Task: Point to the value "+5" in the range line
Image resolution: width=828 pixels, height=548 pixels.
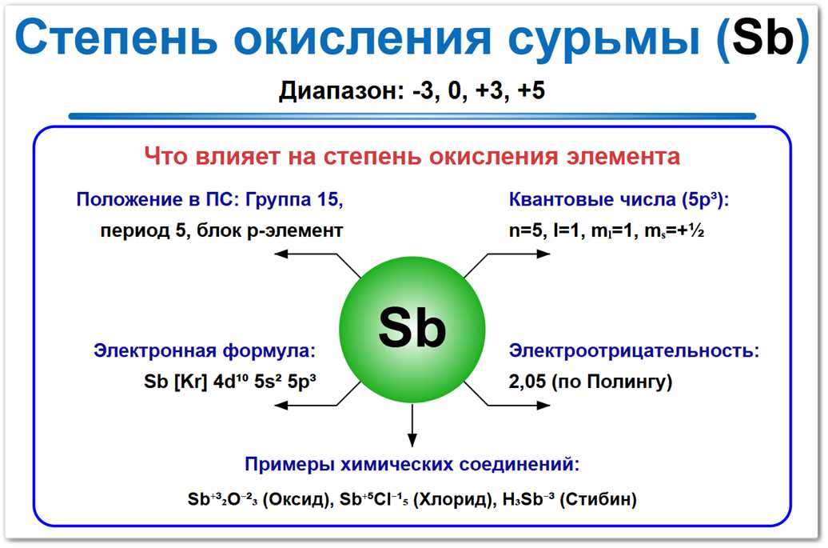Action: tap(531, 91)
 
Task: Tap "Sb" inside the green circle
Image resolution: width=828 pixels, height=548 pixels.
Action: tap(412, 327)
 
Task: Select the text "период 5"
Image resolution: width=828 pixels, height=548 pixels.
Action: tap(141, 230)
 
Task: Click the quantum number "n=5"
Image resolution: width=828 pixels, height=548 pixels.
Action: tap(525, 230)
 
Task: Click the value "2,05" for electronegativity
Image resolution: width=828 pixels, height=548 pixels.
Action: tap(527, 382)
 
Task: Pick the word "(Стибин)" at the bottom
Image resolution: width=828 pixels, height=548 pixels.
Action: tap(599, 500)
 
